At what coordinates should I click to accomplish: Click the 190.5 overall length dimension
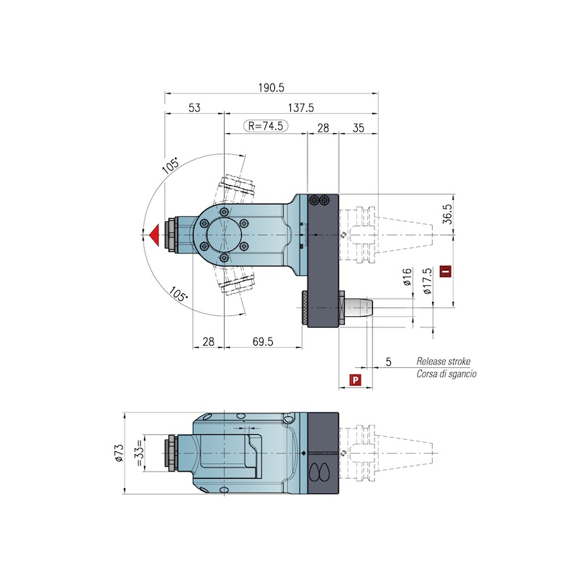[271, 88]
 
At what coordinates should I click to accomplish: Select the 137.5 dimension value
[301, 107]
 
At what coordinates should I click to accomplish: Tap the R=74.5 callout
[266, 126]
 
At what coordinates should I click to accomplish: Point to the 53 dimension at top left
[194, 107]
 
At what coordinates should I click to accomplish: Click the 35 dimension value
[358, 128]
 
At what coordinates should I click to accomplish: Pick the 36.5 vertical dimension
[447, 214]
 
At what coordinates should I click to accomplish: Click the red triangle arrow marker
[154, 235]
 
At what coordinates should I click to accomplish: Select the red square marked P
[355, 380]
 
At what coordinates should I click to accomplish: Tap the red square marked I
[446, 271]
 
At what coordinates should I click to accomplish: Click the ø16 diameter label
[407, 277]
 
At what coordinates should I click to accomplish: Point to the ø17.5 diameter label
[427, 281]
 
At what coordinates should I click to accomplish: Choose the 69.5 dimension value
[263, 341]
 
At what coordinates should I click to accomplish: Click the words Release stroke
[444, 361]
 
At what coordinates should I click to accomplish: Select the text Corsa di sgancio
[446, 374]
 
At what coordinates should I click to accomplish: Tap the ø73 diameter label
[119, 453]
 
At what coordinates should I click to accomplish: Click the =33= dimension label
[140, 453]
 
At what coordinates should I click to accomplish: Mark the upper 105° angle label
[171, 166]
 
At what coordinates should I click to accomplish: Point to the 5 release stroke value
[388, 362]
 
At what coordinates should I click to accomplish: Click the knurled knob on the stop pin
[305, 308]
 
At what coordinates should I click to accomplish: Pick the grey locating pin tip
[359, 307]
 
